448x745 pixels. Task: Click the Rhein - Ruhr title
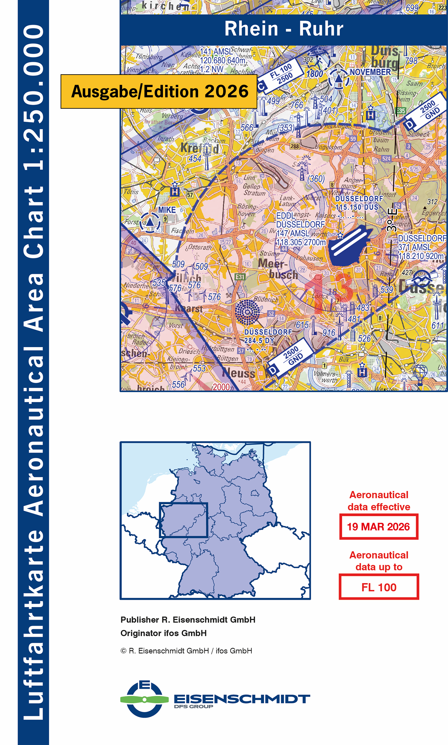click(x=283, y=29)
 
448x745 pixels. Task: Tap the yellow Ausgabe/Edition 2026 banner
click(x=159, y=91)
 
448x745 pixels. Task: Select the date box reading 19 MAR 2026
click(x=378, y=527)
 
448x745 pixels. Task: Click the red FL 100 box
click(x=378, y=587)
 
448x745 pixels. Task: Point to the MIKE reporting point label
click(x=167, y=210)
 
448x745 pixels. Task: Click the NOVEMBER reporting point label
click(x=370, y=72)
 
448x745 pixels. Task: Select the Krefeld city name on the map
click(x=200, y=148)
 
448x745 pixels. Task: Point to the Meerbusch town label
click(x=277, y=269)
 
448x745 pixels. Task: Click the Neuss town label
click(x=239, y=373)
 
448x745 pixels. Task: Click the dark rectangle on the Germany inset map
click(x=183, y=520)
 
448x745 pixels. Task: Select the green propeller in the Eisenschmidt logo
click(x=144, y=700)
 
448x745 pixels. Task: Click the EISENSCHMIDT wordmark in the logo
click(x=242, y=699)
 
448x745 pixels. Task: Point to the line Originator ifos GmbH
click(x=163, y=633)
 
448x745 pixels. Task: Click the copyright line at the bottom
click(x=186, y=651)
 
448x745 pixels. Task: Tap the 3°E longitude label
click(x=392, y=220)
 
